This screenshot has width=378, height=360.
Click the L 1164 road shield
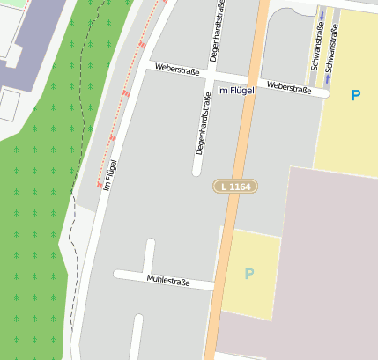tap(234, 187)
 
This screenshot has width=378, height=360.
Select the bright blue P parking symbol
tap(355, 95)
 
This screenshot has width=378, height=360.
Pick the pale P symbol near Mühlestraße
tap(248, 274)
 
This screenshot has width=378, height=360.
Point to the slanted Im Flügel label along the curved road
tap(110, 174)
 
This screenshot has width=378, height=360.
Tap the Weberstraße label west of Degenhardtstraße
tap(177, 70)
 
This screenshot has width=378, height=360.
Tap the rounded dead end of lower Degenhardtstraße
tap(198, 173)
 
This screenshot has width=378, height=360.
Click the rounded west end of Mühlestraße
tap(118, 274)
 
